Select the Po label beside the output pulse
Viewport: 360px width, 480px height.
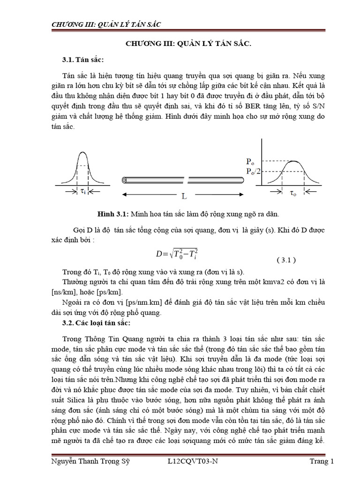tap(252, 160)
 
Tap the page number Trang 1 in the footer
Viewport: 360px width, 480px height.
tap(322, 461)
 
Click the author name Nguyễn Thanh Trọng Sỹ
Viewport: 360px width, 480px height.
tap(89, 461)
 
